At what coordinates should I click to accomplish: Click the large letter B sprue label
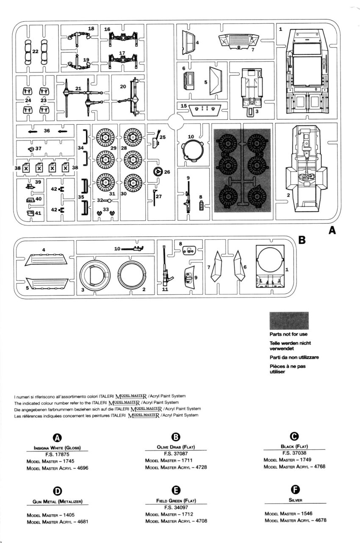click(x=302, y=240)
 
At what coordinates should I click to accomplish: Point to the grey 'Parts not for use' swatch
click(x=289, y=321)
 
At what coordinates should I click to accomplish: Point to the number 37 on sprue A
click(x=38, y=149)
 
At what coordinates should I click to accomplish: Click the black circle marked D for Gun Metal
click(x=57, y=490)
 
